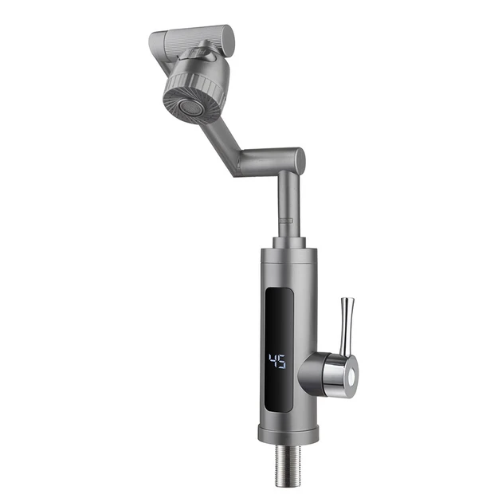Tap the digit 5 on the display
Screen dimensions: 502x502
point(282,363)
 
